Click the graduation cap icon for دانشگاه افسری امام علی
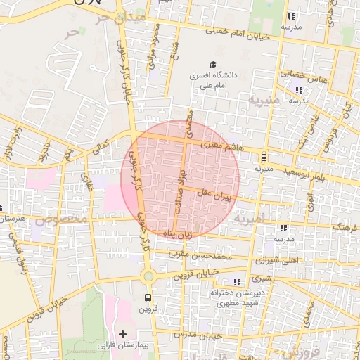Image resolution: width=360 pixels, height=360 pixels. point(213,63)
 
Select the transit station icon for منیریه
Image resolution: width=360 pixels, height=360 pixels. point(264,157)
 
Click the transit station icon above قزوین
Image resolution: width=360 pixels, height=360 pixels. point(147,297)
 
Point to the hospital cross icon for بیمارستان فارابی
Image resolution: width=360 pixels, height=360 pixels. point(123,333)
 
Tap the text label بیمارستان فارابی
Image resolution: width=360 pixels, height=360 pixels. point(123,346)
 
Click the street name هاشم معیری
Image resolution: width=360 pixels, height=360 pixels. point(223,146)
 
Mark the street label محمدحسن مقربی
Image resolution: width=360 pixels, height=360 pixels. point(205,255)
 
